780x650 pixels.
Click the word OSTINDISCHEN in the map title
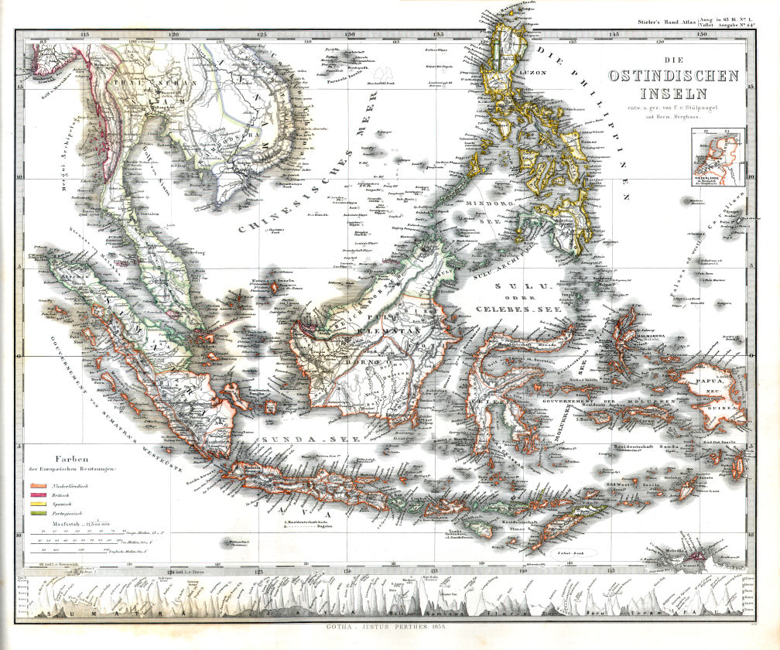pyautogui.click(x=674, y=77)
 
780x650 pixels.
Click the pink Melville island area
pyautogui.click(x=701, y=554)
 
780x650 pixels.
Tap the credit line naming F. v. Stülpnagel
pyautogui.click(x=674, y=106)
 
